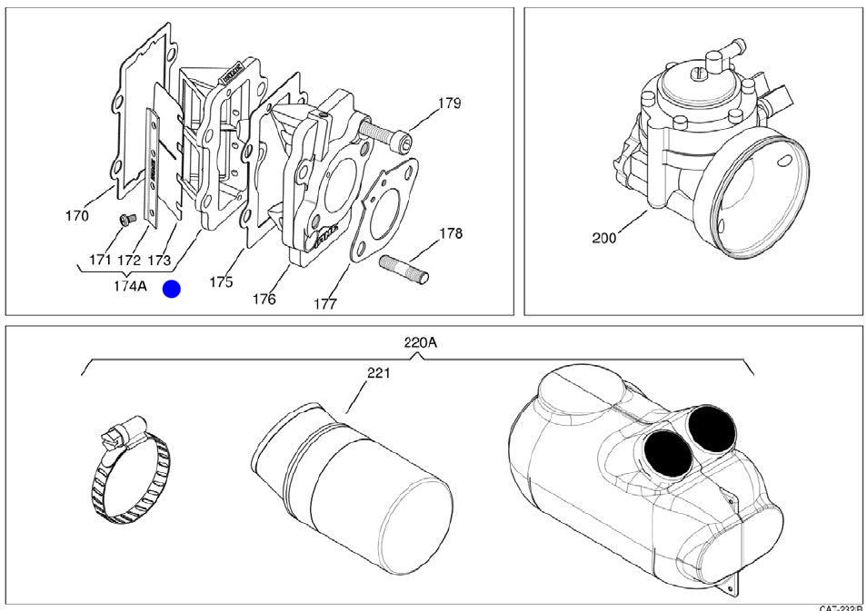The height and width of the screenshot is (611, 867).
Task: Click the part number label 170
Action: tap(77, 216)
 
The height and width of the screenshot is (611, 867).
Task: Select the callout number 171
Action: tap(100, 261)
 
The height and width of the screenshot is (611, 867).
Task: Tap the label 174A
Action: tap(130, 286)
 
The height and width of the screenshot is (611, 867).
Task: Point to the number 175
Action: tap(221, 282)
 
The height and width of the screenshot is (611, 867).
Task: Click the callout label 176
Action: tap(264, 299)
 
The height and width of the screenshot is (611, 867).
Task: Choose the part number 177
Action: tap(324, 303)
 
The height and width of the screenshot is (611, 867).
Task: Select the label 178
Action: tap(450, 233)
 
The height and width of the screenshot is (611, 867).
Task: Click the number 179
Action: tap(449, 103)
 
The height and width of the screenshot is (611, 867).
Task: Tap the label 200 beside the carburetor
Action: tap(604, 238)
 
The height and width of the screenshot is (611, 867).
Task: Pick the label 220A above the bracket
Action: tap(419, 343)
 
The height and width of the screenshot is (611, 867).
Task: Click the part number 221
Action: tap(378, 373)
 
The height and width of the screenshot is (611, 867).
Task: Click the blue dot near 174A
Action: tap(171, 290)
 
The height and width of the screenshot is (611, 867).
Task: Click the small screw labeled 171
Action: tap(128, 218)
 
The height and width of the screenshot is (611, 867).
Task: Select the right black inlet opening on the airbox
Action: tap(711, 427)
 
